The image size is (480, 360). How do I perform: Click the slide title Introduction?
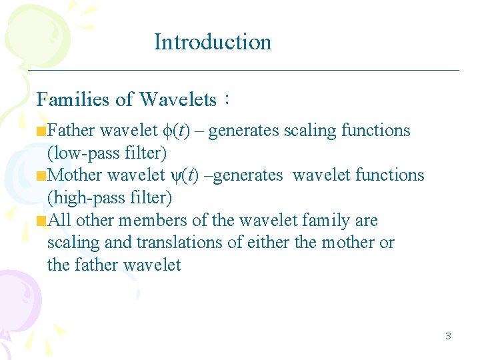coord(213,41)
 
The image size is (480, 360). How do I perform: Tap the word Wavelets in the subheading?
coord(178,100)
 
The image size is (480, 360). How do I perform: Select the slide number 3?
coord(448,336)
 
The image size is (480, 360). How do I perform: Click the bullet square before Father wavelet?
coord(42,131)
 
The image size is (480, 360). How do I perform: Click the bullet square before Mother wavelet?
coord(42,177)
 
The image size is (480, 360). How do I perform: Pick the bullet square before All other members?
coord(42,221)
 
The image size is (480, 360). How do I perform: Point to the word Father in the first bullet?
coord(71,131)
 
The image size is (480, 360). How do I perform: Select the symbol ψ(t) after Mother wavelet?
coord(184,175)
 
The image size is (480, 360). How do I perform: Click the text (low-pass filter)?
coord(107,153)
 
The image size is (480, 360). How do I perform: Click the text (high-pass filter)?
coord(109,198)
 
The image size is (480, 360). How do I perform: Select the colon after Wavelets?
coord(227,100)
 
